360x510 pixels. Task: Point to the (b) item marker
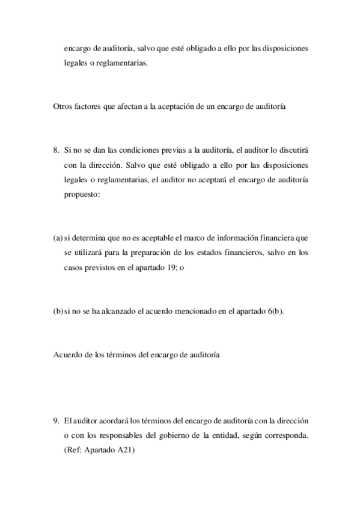(x=58, y=311)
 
